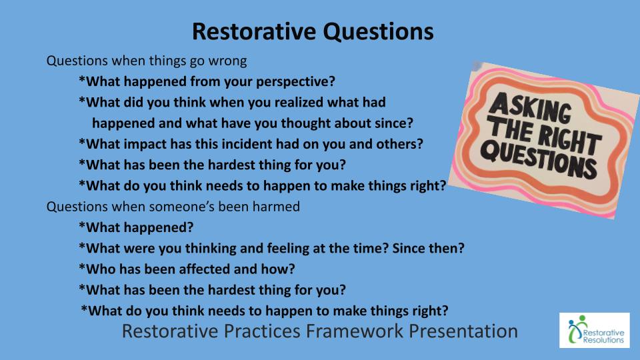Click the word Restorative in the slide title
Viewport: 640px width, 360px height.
pos(254,31)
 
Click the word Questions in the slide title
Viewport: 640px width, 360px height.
pos(379,32)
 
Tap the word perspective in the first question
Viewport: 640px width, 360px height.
pos(295,82)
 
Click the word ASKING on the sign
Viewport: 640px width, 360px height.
pos(530,107)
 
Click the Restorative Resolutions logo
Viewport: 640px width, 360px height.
pos(594,330)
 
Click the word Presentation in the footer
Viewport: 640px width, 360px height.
pos(463,331)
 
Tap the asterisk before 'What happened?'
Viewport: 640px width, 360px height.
pos(81,225)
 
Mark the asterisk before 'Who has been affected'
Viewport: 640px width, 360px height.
pos(81,267)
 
